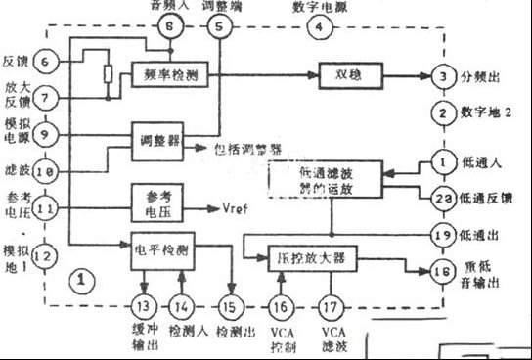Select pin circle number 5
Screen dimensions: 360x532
coord(218,27)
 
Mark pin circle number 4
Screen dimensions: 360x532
coord(316,27)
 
